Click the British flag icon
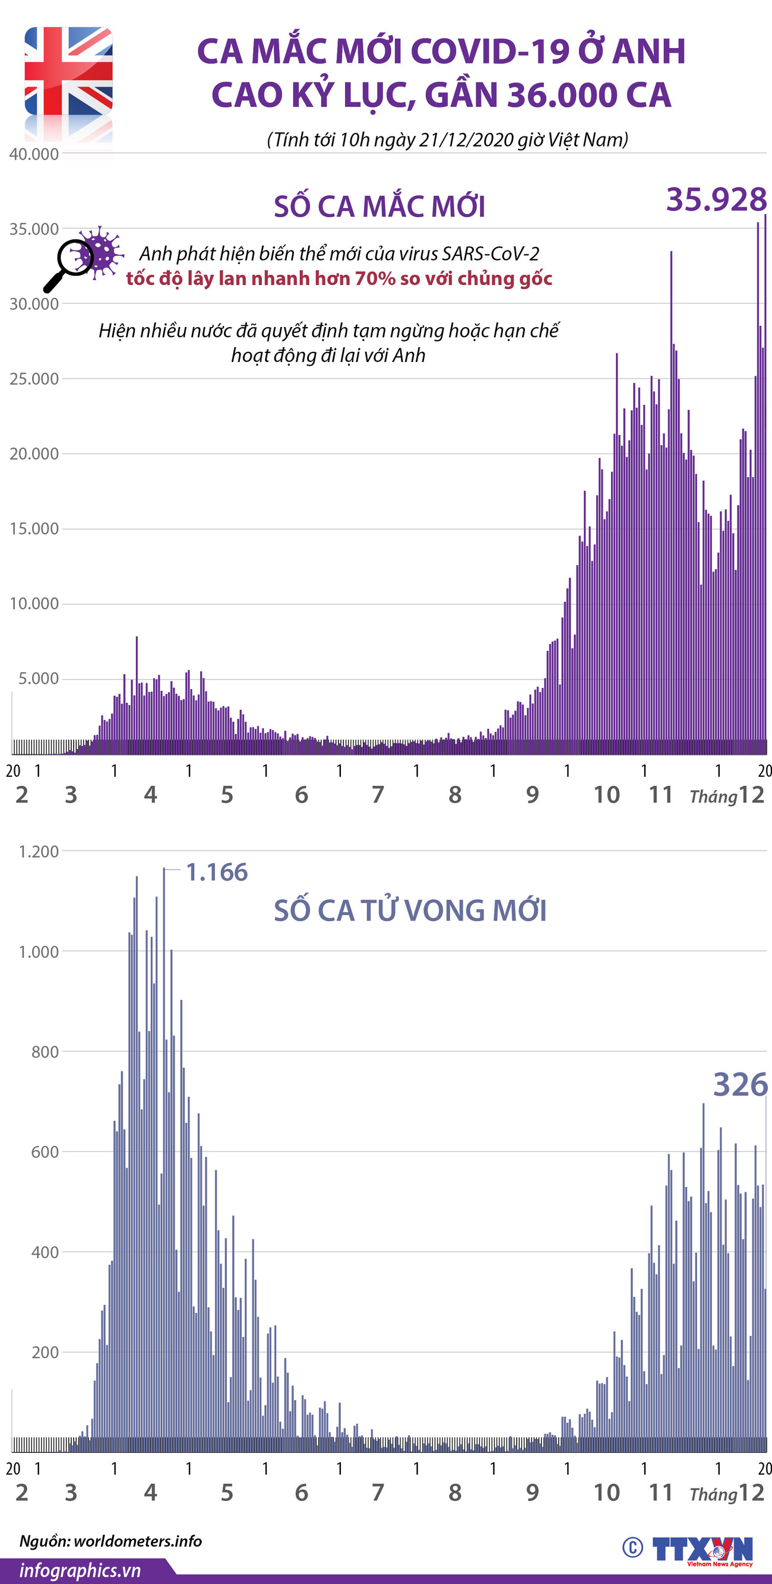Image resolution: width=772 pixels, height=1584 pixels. click(x=68, y=71)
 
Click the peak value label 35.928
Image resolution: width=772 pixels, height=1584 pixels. click(x=716, y=200)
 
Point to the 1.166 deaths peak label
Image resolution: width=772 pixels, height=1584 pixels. click(x=217, y=872)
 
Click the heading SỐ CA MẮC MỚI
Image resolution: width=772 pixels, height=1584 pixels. click(x=379, y=207)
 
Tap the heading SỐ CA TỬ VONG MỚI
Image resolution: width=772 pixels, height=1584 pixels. click(x=410, y=910)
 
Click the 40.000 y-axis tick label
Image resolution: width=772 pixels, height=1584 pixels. click(x=34, y=154)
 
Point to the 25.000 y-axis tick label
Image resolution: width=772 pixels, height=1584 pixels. click(x=34, y=379)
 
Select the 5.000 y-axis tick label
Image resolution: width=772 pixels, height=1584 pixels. click(x=38, y=679)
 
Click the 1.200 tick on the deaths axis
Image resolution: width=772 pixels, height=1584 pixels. click(x=38, y=852)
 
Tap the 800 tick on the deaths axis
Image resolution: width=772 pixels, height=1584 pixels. click(x=45, y=1052)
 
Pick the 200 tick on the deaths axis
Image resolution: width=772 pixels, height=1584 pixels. click(x=45, y=1352)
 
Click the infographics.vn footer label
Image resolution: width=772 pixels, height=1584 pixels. click(x=80, y=1570)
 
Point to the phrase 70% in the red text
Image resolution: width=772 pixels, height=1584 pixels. click(x=375, y=278)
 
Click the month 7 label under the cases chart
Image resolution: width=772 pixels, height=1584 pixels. click(x=378, y=795)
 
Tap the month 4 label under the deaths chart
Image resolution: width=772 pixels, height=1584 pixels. click(x=150, y=1493)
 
